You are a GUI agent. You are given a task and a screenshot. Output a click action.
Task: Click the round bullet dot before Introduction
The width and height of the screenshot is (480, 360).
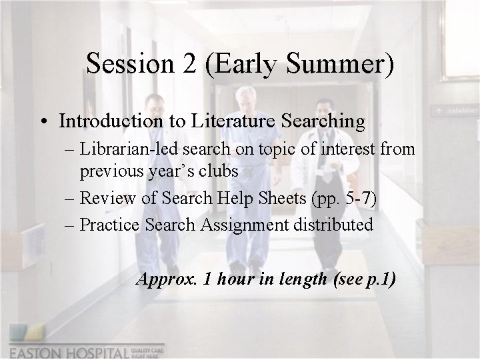click(x=43, y=123)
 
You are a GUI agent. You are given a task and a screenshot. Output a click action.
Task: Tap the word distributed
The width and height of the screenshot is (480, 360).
click(x=335, y=225)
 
